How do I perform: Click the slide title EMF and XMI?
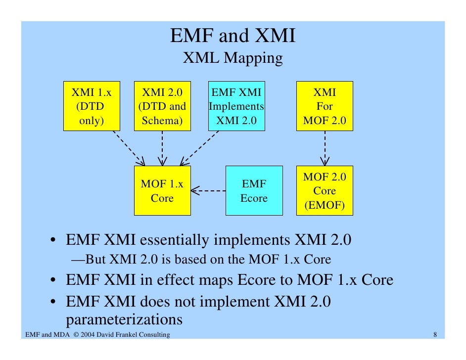(x=233, y=36)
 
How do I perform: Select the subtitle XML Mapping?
(x=233, y=58)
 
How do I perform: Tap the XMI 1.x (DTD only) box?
(x=92, y=106)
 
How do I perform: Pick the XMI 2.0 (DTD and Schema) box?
(x=162, y=106)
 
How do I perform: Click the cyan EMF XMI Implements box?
(x=236, y=106)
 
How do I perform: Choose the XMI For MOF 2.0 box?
(x=325, y=106)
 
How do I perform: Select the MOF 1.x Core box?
(x=162, y=191)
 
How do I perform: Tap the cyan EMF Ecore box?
(x=254, y=191)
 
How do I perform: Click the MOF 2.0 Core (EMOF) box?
(x=325, y=191)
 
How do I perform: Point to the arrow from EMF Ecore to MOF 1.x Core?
(x=208, y=190)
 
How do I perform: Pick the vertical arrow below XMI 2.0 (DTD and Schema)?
(x=162, y=148)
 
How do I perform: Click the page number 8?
(x=435, y=335)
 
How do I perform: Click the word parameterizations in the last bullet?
(x=124, y=319)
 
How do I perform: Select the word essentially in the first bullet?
(x=173, y=241)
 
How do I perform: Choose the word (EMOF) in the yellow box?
(x=325, y=205)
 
